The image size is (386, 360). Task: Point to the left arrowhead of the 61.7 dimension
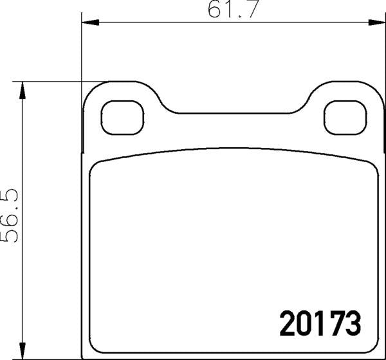[90, 24]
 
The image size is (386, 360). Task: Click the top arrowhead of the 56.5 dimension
[24, 90]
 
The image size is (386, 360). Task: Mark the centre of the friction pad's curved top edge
[232, 149]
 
